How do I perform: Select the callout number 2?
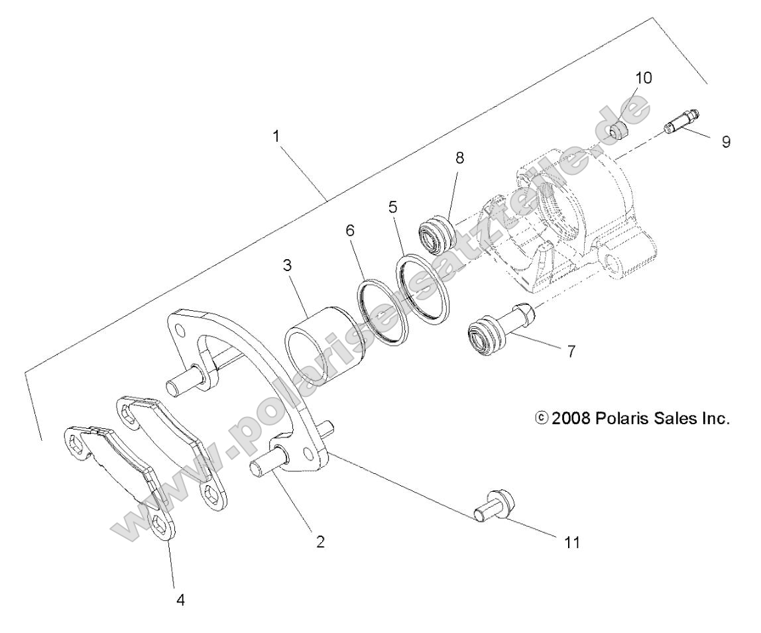(x=320, y=542)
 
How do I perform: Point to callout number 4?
(x=180, y=599)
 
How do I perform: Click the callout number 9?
(x=727, y=142)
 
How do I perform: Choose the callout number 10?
(x=643, y=78)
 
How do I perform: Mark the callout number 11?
(x=571, y=542)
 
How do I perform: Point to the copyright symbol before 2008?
(x=542, y=419)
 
